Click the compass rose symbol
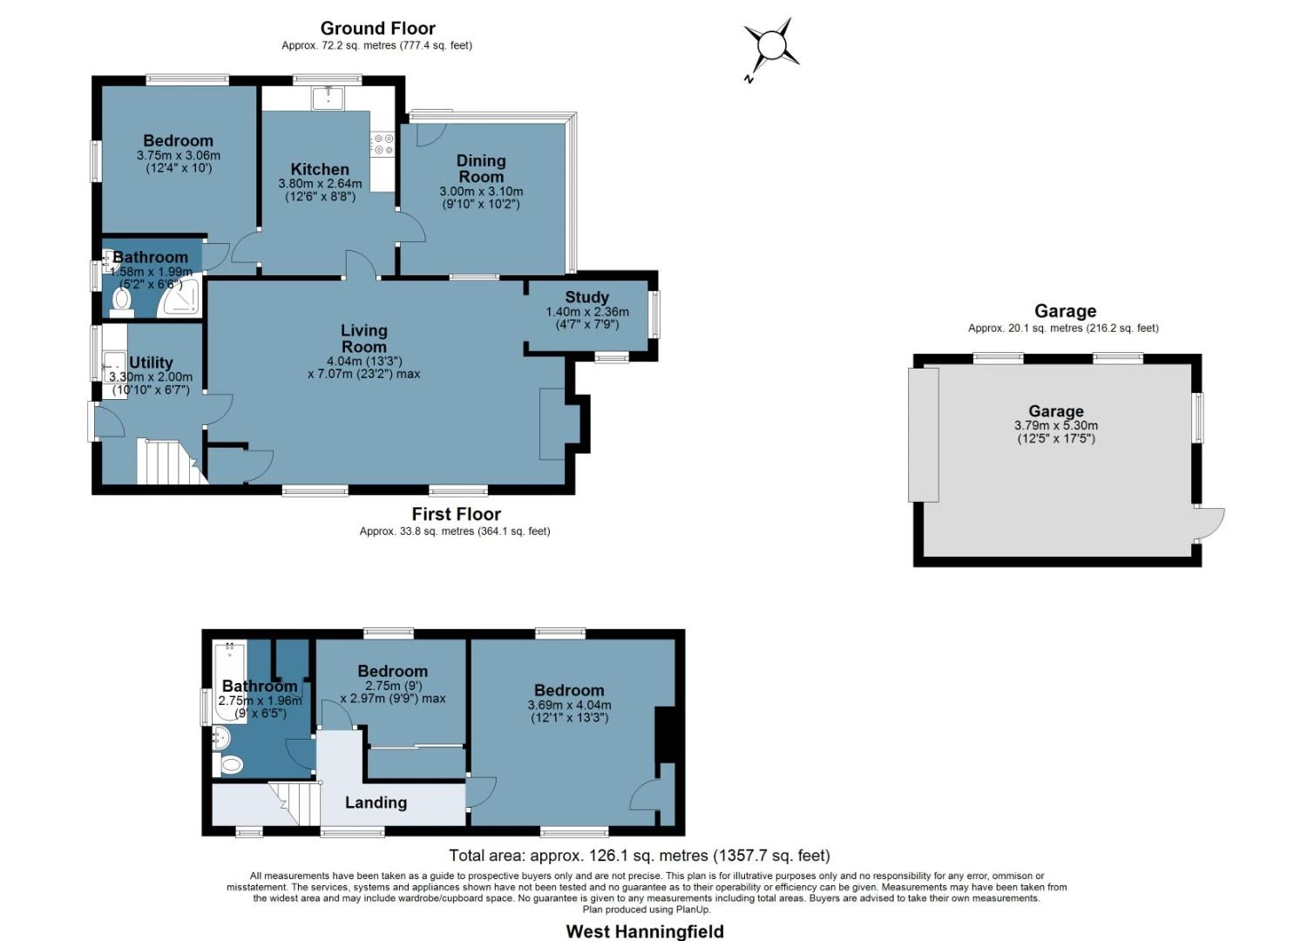[771, 46]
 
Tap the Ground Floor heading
[377, 28]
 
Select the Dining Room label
[481, 168]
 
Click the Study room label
[586, 297]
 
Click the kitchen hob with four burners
[383, 144]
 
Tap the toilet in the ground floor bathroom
[121, 299]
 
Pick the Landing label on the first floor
[376, 802]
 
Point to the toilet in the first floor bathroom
[231, 765]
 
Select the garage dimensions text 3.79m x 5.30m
[1055, 426]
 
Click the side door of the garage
[1209, 523]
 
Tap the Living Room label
[363, 338]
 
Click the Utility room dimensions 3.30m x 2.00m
[151, 377]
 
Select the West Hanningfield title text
[645, 931]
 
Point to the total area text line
[639, 856]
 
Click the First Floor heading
[456, 514]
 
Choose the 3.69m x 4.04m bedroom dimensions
[569, 706]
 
